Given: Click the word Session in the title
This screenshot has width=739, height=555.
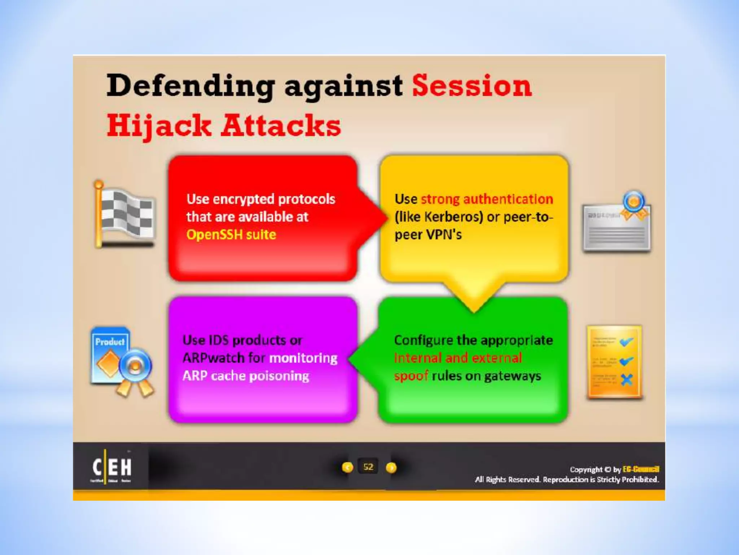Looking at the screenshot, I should pyautogui.click(x=472, y=86).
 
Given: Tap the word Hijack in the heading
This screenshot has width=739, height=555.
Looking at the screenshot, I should pyautogui.click(x=159, y=125).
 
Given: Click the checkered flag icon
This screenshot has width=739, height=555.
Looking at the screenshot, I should pyautogui.click(x=124, y=215).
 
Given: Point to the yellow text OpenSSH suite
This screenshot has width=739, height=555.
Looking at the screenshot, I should pyautogui.click(x=231, y=235).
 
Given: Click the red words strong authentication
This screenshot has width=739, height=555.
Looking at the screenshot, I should pyautogui.click(x=487, y=199).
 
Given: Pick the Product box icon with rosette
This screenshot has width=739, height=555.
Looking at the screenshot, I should pyautogui.click(x=121, y=361).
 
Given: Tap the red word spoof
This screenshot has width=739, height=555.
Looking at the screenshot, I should pyautogui.click(x=411, y=376).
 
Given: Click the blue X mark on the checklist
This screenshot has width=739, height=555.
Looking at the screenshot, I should pyautogui.click(x=627, y=379).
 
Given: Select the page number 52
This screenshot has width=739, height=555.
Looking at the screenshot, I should pyautogui.click(x=368, y=467).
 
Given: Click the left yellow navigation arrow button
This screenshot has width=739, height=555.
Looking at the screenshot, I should pyautogui.click(x=347, y=468).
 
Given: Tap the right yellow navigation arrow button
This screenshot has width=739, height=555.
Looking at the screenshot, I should pyautogui.click(x=391, y=468).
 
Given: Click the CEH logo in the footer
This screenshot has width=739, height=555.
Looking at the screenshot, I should pyautogui.click(x=111, y=467).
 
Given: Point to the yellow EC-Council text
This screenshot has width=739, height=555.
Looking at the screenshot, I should pyautogui.click(x=641, y=469).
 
